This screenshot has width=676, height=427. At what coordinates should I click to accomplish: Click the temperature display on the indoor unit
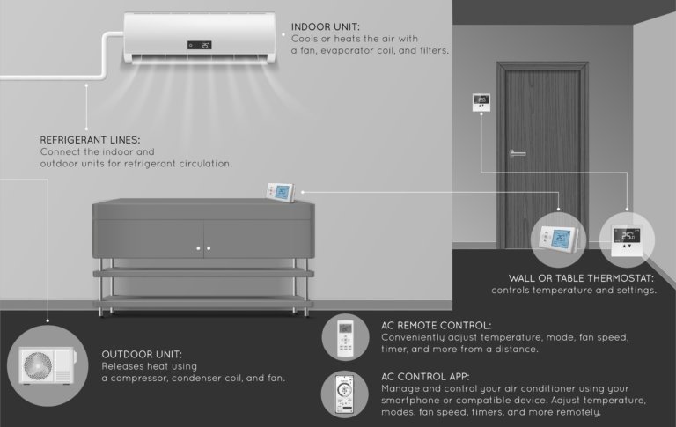(199, 45)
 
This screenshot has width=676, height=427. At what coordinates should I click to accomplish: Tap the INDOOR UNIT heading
(326, 27)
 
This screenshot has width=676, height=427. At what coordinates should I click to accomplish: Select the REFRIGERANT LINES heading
(90, 140)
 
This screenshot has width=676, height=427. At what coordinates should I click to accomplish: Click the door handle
(517, 153)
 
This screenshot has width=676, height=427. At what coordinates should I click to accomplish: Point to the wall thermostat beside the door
(481, 103)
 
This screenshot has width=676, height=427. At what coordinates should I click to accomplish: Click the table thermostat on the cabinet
(281, 192)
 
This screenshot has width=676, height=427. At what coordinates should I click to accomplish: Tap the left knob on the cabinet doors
(198, 248)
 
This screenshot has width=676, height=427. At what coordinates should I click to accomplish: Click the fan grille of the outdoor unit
(38, 366)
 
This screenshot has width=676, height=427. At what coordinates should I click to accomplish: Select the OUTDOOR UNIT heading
(142, 355)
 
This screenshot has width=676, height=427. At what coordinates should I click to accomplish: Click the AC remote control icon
(345, 338)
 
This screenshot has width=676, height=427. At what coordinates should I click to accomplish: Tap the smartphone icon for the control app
(344, 394)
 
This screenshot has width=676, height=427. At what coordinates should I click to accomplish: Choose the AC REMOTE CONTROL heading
(436, 326)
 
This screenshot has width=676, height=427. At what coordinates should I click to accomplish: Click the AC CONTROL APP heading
(425, 377)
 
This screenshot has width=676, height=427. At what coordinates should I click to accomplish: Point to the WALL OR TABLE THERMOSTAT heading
(581, 278)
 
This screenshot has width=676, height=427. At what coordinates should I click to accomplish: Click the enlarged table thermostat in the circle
(558, 238)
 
